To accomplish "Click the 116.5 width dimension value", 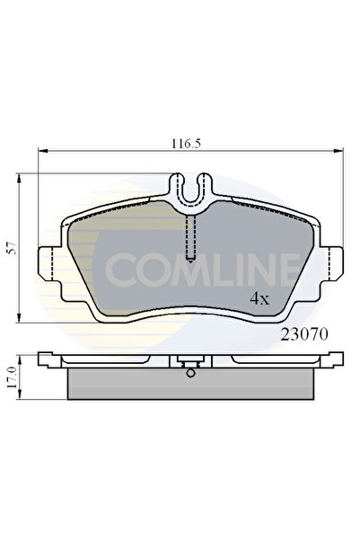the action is coord(186,143).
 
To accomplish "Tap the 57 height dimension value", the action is coord(13,248).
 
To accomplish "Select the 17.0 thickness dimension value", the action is coord(13,377).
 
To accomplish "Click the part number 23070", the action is coord(304,333).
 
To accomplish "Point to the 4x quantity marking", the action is coord(259,299).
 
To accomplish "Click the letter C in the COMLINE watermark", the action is coord(121,270).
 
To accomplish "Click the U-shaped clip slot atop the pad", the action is coord(191,191).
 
